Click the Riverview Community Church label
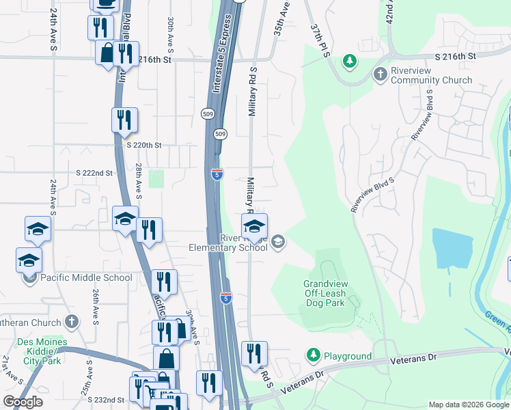[431, 75]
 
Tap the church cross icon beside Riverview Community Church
[381, 73]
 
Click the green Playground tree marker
[313, 355]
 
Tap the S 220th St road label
[143, 145]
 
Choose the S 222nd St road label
[94, 173]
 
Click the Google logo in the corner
[23, 402]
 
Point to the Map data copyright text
[469, 405]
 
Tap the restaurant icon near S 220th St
[125, 120]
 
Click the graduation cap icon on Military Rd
[254, 226]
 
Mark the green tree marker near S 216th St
[350, 61]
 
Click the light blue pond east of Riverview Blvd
[452, 250]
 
